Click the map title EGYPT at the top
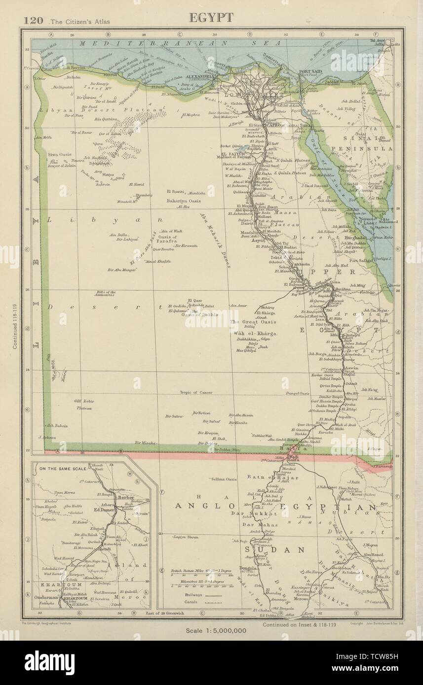(x=211, y=18)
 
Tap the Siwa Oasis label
(x=59, y=154)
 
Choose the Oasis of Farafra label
(x=165, y=239)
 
